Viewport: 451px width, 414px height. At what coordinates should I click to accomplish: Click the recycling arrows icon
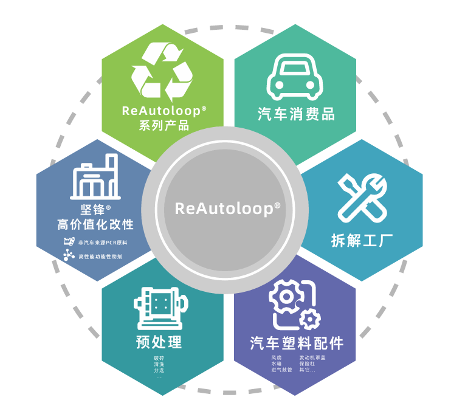pyautogui.click(x=162, y=72)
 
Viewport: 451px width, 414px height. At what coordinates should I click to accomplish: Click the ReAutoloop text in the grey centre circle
pyautogui.click(x=225, y=208)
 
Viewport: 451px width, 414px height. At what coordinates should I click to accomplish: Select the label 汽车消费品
pyautogui.click(x=296, y=114)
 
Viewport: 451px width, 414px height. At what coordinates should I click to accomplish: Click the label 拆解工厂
pyautogui.click(x=362, y=240)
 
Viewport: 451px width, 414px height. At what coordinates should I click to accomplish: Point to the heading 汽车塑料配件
pyautogui.click(x=297, y=343)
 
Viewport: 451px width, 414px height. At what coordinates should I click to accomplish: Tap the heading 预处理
pyautogui.click(x=159, y=342)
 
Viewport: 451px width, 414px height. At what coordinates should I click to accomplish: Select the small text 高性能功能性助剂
pyautogui.click(x=100, y=257)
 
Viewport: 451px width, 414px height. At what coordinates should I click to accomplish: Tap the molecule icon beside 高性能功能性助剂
pyautogui.click(x=69, y=256)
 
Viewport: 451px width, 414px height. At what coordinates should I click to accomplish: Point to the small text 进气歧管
pyautogui.click(x=281, y=370)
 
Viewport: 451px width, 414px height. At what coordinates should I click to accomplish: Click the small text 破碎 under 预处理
pyautogui.click(x=159, y=358)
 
